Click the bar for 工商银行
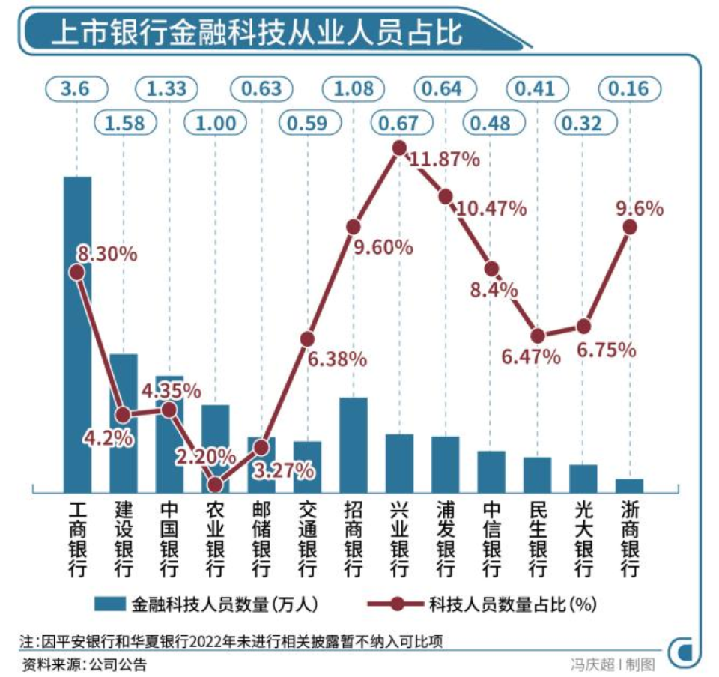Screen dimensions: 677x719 click(77, 334)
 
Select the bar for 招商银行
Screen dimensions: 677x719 click(354, 444)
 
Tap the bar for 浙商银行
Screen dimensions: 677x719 click(630, 485)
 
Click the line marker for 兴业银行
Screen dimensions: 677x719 click(399, 148)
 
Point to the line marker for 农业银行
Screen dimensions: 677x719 click(216, 485)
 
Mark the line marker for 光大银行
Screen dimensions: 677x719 click(584, 327)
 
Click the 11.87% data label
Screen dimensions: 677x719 click(444, 159)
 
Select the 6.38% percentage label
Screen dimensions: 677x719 click(337, 360)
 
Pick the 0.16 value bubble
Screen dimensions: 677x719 click(630, 89)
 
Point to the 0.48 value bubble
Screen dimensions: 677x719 click(491, 122)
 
